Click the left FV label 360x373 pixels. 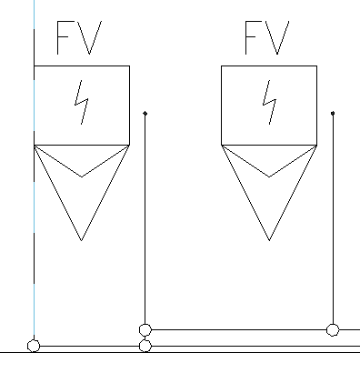pos(79,38)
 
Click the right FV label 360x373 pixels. pos(267,38)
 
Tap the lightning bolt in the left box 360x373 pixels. pos(82,102)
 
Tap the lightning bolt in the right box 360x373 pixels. pos(269,102)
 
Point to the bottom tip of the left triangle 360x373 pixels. pos(82,241)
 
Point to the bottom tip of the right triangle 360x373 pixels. pos(269,241)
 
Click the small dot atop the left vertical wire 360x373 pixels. pos(145,114)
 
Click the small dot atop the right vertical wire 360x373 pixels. pos(333,114)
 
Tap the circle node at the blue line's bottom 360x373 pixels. pos(34,346)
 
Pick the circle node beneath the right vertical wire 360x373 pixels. pos(333,329)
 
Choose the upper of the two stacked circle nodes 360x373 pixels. pos(145,329)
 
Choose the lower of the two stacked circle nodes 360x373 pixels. pos(145,346)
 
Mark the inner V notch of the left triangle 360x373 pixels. pos(82,176)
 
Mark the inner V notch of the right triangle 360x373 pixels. pos(269,176)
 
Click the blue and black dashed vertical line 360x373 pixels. pos(34,170)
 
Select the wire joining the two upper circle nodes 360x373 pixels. pos(239,329)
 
